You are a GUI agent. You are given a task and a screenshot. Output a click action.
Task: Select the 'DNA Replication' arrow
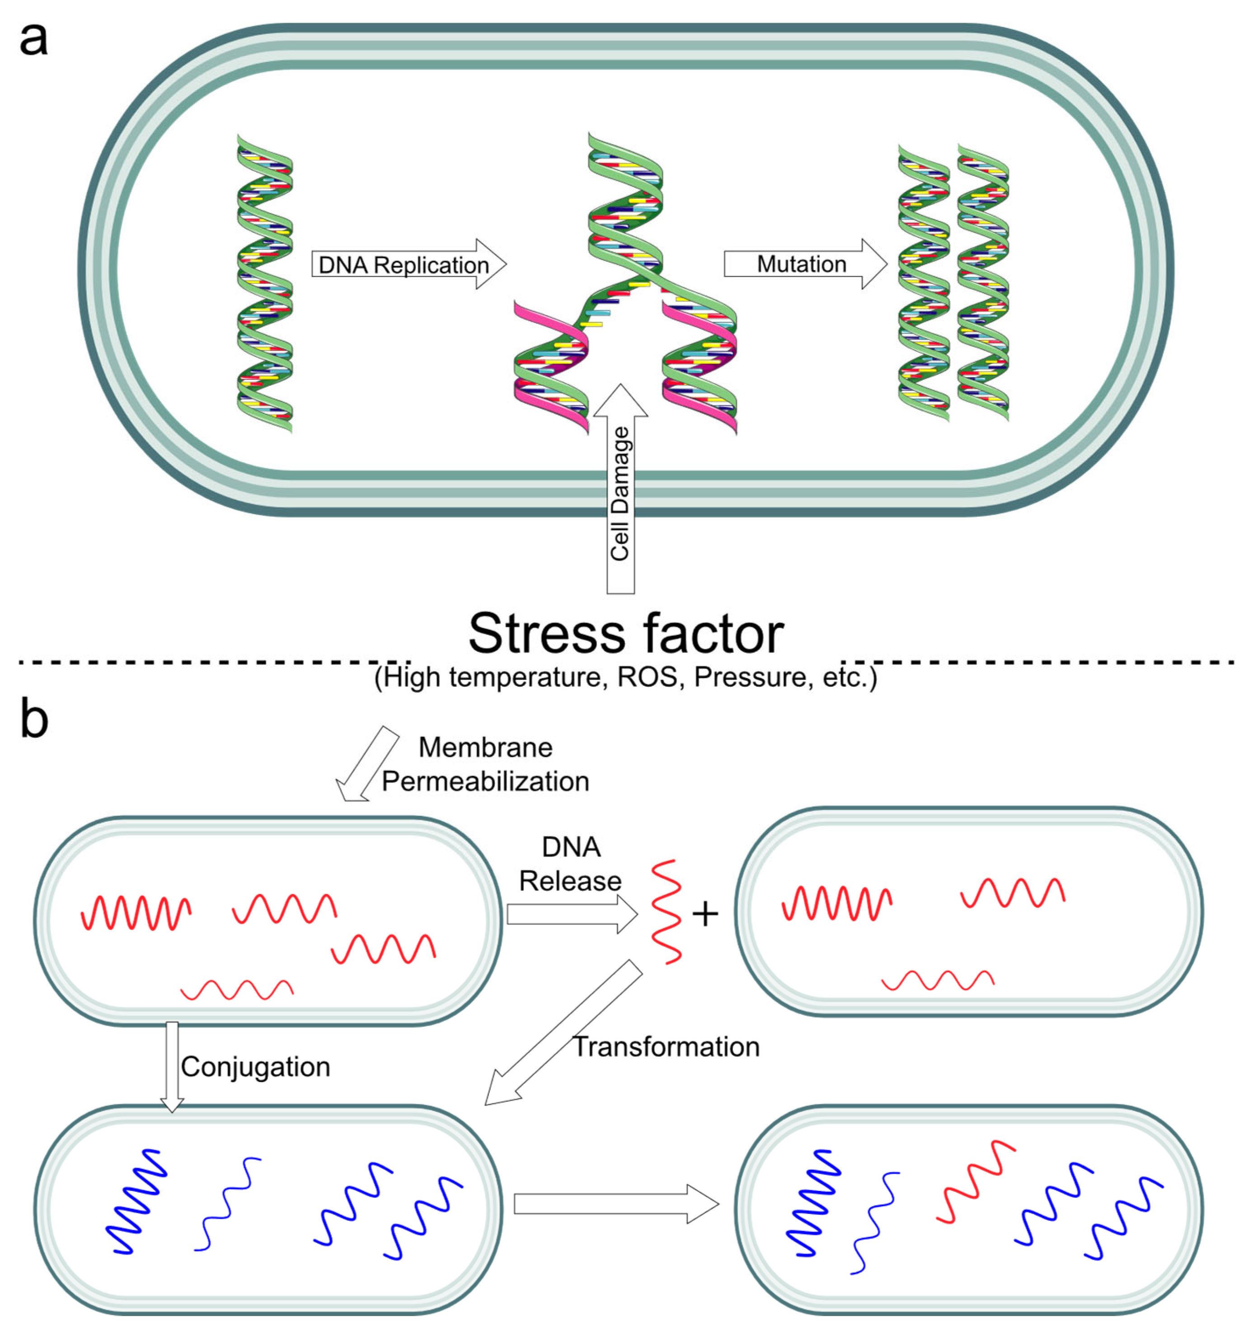tap(408, 264)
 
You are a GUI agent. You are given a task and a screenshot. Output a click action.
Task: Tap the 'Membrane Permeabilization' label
tap(485, 764)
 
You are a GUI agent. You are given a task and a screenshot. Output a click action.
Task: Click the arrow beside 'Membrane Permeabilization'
tap(367, 764)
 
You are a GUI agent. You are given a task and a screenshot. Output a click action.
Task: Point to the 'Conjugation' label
tap(255, 1067)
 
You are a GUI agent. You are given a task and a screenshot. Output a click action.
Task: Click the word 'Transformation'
tap(666, 1047)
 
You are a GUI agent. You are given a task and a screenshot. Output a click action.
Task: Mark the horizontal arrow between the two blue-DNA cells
tap(616, 1204)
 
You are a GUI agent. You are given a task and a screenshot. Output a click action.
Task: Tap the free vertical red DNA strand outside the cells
tap(667, 912)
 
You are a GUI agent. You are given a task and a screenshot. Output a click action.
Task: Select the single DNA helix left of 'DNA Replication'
tap(265, 283)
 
